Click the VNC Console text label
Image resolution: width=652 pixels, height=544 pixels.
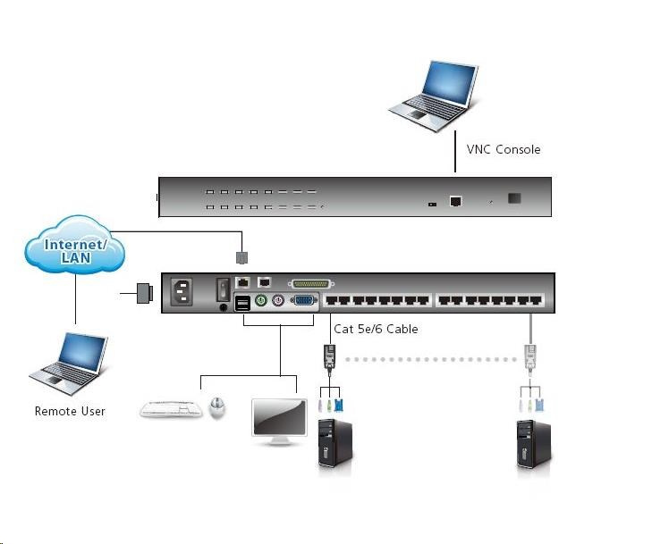point(504,149)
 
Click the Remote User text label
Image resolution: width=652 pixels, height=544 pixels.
point(70,411)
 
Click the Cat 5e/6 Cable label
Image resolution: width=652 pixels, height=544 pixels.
point(376,329)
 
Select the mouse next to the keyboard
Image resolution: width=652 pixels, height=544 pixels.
point(216,407)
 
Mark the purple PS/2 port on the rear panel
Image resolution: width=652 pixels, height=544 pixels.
point(278,301)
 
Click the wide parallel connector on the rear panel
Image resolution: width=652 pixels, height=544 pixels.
point(318,283)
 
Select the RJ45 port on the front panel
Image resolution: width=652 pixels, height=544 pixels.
point(456,202)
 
